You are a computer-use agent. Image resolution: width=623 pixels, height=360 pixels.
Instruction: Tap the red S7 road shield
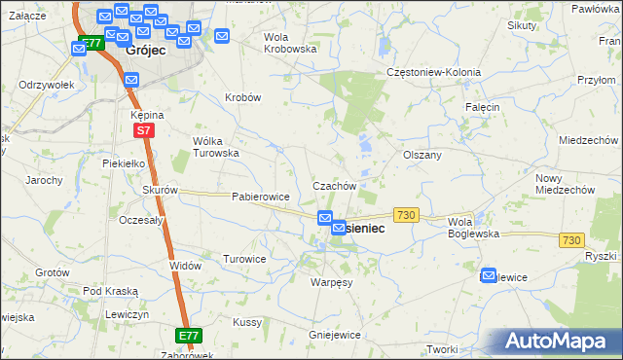[x=143, y=129]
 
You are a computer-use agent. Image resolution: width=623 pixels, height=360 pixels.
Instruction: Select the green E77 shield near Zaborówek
[x=189, y=336]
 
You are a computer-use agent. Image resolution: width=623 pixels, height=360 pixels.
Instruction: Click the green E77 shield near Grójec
[x=91, y=44]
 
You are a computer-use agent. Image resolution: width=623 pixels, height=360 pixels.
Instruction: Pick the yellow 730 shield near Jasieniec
[x=406, y=214]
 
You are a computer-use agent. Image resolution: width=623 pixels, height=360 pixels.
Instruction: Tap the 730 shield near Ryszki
[x=570, y=240]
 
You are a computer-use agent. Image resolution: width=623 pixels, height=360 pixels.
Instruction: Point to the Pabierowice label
[x=261, y=197]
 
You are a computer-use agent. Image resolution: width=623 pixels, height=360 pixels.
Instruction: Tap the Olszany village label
[x=422, y=155]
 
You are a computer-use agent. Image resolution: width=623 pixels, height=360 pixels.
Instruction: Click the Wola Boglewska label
[x=473, y=228]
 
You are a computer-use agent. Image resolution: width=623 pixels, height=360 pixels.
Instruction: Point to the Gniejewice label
[x=334, y=335]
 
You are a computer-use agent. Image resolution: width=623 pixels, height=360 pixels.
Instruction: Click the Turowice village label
[x=244, y=260]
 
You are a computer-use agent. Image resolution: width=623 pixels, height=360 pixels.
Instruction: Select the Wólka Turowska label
[x=215, y=147]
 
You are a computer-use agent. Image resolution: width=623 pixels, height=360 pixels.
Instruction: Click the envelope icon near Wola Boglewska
[x=489, y=276]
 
